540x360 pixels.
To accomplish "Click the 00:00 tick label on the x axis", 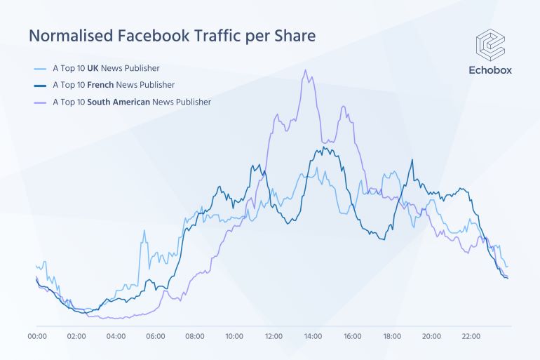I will [x=37, y=337].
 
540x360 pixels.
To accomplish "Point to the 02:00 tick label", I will [x=76, y=337].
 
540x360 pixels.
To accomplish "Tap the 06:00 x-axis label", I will [x=156, y=337].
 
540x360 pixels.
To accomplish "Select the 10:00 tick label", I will [x=234, y=337].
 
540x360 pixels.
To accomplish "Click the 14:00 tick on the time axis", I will [x=313, y=337].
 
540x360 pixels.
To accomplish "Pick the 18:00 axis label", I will [x=392, y=337].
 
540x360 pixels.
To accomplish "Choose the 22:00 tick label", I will [x=471, y=337].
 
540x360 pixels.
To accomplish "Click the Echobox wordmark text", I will [x=490, y=69].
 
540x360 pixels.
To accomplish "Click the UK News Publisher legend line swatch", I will [x=41, y=69].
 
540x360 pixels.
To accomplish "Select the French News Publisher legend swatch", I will [x=41, y=85].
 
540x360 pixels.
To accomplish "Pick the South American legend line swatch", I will [x=41, y=102].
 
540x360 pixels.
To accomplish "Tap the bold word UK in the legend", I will [x=92, y=69].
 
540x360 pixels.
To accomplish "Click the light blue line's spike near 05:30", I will [x=144, y=231].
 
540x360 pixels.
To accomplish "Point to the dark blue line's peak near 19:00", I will [x=412, y=160].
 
